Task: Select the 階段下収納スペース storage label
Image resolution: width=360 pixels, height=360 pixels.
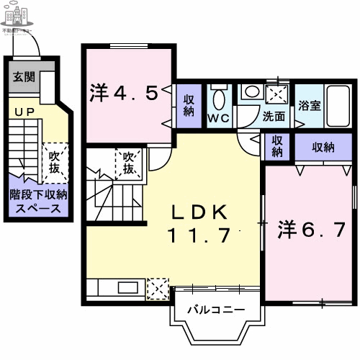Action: click(38, 200)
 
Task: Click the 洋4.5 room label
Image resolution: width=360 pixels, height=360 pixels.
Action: click(123, 93)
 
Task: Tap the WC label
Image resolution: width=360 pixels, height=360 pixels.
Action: click(219, 117)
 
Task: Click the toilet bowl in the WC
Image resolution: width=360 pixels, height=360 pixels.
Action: click(219, 98)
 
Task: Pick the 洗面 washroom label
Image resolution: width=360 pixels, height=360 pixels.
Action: click(274, 116)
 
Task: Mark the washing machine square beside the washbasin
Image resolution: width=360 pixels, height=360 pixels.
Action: click(276, 95)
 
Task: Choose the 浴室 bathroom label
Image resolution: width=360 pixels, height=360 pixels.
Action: click(310, 104)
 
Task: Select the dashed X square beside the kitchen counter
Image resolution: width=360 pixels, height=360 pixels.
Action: click(156, 288)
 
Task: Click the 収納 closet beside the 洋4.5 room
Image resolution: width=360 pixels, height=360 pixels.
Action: click(188, 105)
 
